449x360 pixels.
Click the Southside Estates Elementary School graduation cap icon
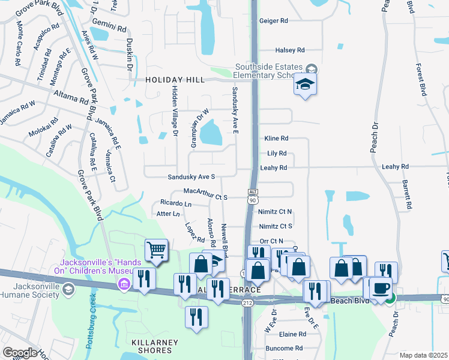[x=304, y=85]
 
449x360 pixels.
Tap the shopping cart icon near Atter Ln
[x=155, y=249]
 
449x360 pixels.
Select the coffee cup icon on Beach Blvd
[x=381, y=287]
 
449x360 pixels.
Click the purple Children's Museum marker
[x=125, y=283]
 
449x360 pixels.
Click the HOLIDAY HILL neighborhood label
[x=175, y=79]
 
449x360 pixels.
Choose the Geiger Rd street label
[x=274, y=20]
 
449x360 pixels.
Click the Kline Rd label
[x=277, y=138]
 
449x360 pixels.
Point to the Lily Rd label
[x=277, y=154]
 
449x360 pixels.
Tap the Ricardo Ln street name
[x=176, y=204]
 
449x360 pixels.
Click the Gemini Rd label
[x=113, y=28]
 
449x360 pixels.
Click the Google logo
[x=20, y=353]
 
